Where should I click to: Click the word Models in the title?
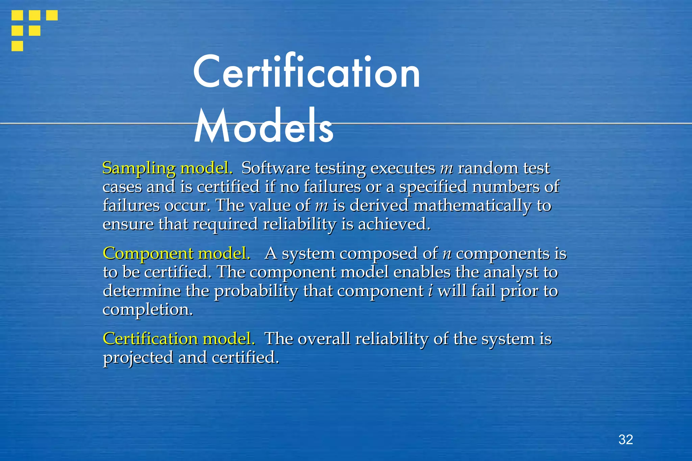point(264,126)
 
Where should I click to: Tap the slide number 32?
point(625,439)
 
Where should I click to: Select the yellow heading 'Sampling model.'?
point(168,168)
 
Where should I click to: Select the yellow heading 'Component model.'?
point(177,254)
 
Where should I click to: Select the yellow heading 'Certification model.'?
point(179,339)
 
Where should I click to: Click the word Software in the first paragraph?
point(275,168)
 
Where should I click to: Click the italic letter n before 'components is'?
point(447,254)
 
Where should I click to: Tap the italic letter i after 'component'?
point(430,291)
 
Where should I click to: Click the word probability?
point(256,291)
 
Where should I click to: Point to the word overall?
point(324,339)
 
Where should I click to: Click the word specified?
point(433,187)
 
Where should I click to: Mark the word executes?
point(403,168)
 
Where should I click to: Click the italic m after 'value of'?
point(321,206)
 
